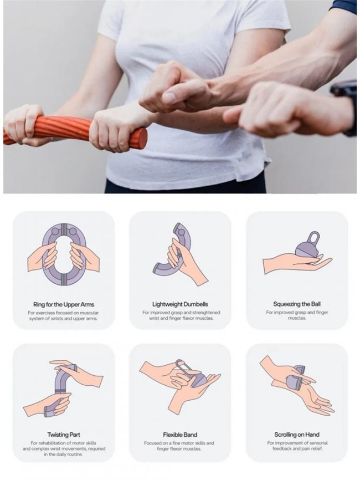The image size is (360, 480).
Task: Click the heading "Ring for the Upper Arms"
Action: click(64, 304)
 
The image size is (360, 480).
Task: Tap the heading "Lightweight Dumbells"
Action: click(180, 304)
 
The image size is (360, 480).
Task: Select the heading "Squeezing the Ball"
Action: click(297, 304)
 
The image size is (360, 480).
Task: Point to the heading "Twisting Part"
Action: click(64, 435)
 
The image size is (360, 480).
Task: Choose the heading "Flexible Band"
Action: click(180, 435)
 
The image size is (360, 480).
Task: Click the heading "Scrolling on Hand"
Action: click(297, 435)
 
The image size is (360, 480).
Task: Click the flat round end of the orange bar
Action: click(142, 137)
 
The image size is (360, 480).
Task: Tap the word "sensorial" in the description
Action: click(317, 443)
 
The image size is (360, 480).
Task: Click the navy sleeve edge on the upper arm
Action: click(343, 6)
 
